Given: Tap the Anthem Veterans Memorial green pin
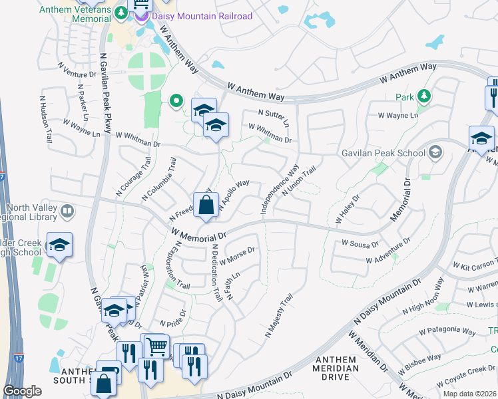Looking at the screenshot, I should (121, 13).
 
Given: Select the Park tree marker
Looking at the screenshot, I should (424, 97).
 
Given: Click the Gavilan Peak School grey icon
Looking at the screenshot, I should (435, 153).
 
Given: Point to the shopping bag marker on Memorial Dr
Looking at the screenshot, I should (206, 205).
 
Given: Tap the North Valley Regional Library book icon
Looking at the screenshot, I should (67, 212).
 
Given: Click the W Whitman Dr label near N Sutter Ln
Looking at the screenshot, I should (270, 133).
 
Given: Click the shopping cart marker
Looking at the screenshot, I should (156, 346).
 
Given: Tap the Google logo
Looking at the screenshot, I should (22, 391).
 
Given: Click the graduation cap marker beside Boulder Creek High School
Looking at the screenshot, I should (59, 245).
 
